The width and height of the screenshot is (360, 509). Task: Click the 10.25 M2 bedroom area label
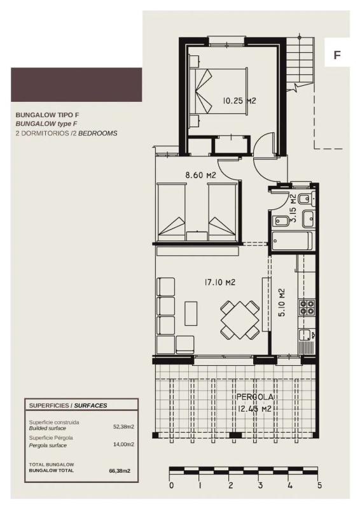click(x=239, y=101)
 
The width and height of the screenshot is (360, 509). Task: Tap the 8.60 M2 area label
click(x=200, y=176)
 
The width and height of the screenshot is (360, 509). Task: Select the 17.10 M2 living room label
click(x=220, y=282)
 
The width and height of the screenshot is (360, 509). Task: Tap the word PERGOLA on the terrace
click(x=255, y=397)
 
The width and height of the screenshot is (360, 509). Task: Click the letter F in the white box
click(x=337, y=55)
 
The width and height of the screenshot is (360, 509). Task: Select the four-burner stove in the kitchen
click(x=307, y=307)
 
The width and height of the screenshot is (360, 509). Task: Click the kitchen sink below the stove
click(x=307, y=335)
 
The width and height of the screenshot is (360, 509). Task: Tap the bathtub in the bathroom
click(x=292, y=241)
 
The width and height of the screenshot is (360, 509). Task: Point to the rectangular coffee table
click(x=191, y=313)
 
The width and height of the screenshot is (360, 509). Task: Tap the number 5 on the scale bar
click(x=319, y=485)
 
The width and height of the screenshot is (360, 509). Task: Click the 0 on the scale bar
click(x=172, y=485)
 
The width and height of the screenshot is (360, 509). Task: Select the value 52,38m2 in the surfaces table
click(x=123, y=427)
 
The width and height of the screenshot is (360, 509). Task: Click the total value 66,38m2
click(x=120, y=470)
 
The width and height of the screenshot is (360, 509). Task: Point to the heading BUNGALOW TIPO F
click(x=48, y=115)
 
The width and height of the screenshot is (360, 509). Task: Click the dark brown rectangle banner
click(x=76, y=85)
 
